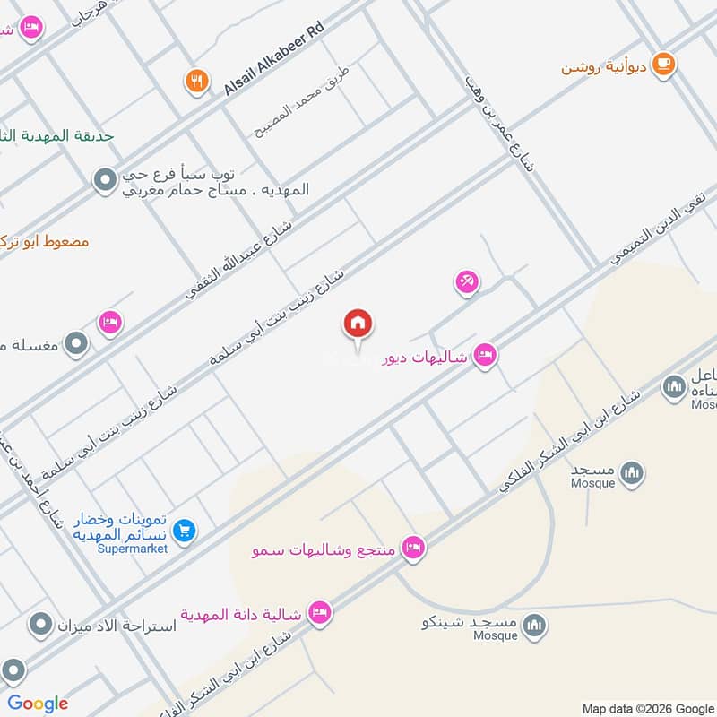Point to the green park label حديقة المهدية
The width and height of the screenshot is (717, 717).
58,136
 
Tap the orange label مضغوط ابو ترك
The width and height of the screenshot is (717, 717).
45,241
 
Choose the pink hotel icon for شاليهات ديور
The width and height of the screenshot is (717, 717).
485,356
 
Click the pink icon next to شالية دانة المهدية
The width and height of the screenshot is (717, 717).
317,614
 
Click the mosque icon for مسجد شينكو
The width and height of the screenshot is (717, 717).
534,625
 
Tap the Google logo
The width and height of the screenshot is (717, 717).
38,704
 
